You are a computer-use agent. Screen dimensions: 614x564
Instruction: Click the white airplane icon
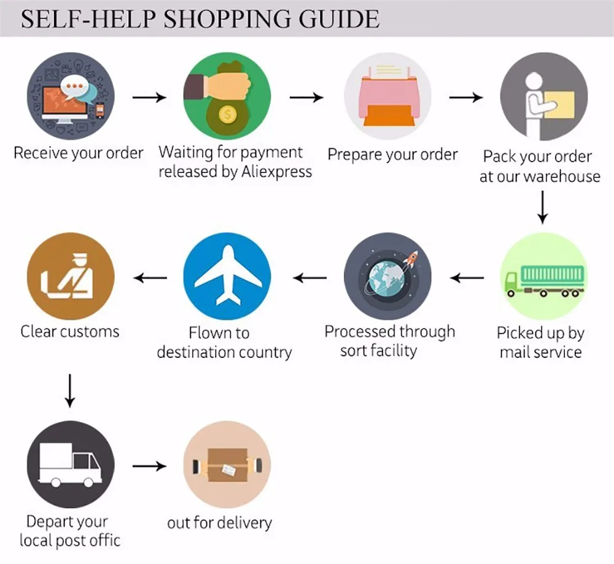point(227,276)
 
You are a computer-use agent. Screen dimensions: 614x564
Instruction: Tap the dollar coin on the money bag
point(228,114)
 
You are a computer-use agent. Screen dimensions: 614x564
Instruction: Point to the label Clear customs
point(70,332)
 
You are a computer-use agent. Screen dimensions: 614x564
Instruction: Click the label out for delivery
point(219,523)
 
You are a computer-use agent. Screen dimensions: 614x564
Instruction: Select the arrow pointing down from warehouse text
point(543,207)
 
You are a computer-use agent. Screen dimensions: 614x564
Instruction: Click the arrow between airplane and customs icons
point(150,278)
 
